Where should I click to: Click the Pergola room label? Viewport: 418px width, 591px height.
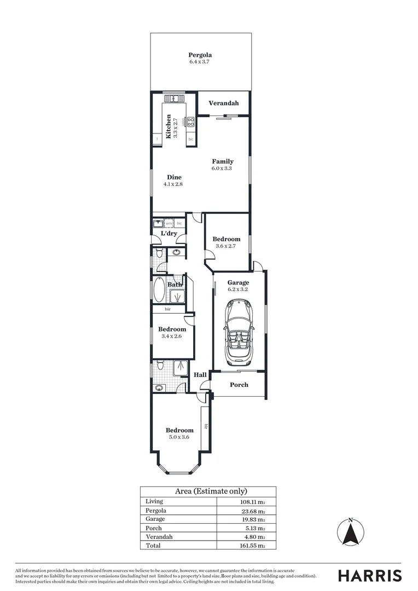[200, 55]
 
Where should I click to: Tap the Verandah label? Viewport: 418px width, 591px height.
[223, 103]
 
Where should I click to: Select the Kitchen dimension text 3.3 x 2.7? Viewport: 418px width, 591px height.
[176, 126]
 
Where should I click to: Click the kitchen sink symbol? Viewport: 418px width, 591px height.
[173, 99]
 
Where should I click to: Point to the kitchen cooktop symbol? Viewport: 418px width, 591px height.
[191, 122]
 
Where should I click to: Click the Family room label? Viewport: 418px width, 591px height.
[223, 161]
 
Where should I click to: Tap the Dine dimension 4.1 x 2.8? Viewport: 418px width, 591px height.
[172, 184]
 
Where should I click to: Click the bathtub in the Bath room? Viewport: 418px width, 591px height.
[159, 291]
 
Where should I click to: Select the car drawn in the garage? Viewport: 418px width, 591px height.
[238, 334]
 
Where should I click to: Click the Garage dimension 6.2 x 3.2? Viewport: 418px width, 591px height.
[238, 289]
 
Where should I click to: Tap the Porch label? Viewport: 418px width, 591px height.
[239, 385]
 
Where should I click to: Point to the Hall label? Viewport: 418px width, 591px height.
[200, 375]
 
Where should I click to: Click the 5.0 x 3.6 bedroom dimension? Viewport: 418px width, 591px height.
[179, 437]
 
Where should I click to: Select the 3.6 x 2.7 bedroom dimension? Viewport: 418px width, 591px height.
[226, 246]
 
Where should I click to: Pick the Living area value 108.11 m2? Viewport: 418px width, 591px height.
[249, 501]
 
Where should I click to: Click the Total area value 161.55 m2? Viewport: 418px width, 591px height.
[249, 546]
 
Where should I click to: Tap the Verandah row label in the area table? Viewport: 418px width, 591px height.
[159, 537]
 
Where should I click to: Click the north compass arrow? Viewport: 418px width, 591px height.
[351, 532]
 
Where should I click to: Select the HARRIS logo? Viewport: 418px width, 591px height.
[369, 576]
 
